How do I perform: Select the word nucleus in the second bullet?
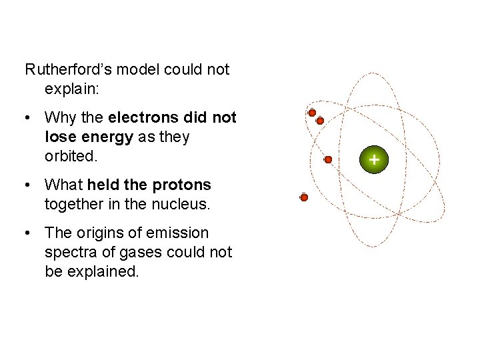pos(181,204)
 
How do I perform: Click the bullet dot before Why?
pos(27,119)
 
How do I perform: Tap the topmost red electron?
pos(312,113)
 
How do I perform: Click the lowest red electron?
pos(304,198)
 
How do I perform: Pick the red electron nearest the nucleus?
pos(328,160)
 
